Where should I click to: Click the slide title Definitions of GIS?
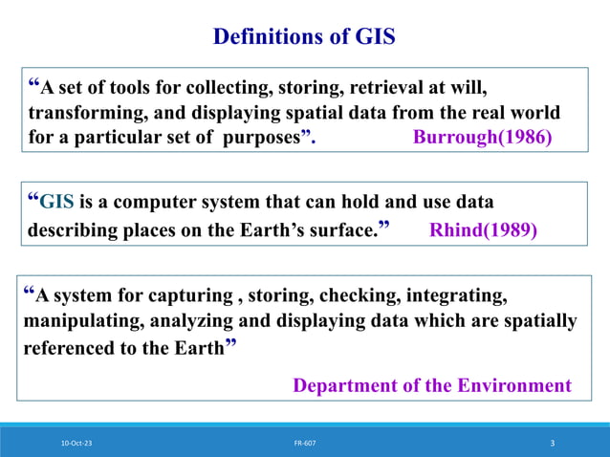[304, 37]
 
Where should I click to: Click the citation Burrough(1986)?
[482, 137]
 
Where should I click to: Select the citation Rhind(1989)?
[483, 230]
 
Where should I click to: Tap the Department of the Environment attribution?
[431, 385]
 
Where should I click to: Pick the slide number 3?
[553, 444]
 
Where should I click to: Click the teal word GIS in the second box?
[55, 203]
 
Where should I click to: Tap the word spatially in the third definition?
[539, 320]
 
